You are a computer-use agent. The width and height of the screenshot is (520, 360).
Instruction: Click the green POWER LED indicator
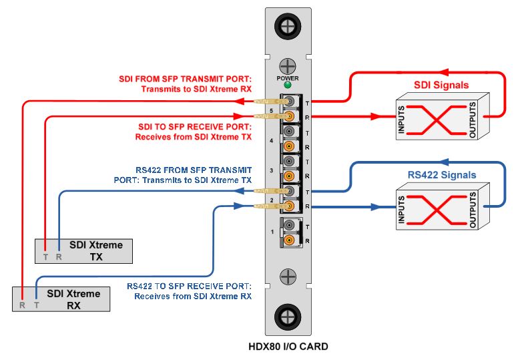pyautogui.click(x=287, y=85)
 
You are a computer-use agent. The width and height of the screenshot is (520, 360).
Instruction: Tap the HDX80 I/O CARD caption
pyautogui.click(x=288, y=347)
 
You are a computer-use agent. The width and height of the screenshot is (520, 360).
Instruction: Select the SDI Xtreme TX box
pyautogui.click(x=83, y=250)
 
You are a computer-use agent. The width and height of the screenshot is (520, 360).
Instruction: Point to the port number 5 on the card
pyautogui.click(x=271, y=110)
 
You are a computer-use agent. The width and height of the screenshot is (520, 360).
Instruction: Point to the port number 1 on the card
pyautogui.click(x=271, y=231)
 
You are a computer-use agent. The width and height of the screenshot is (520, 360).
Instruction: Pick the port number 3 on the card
pyautogui.click(x=271, y=171)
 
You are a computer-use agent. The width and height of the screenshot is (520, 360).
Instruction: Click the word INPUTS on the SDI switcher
pyautogui.click(x=401, y=120)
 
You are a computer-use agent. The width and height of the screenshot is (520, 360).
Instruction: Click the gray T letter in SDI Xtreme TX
pyautogui.click(x=45, y=256)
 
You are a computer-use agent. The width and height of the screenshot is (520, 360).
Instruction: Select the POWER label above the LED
pyautogui.click(x=287, y=77)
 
